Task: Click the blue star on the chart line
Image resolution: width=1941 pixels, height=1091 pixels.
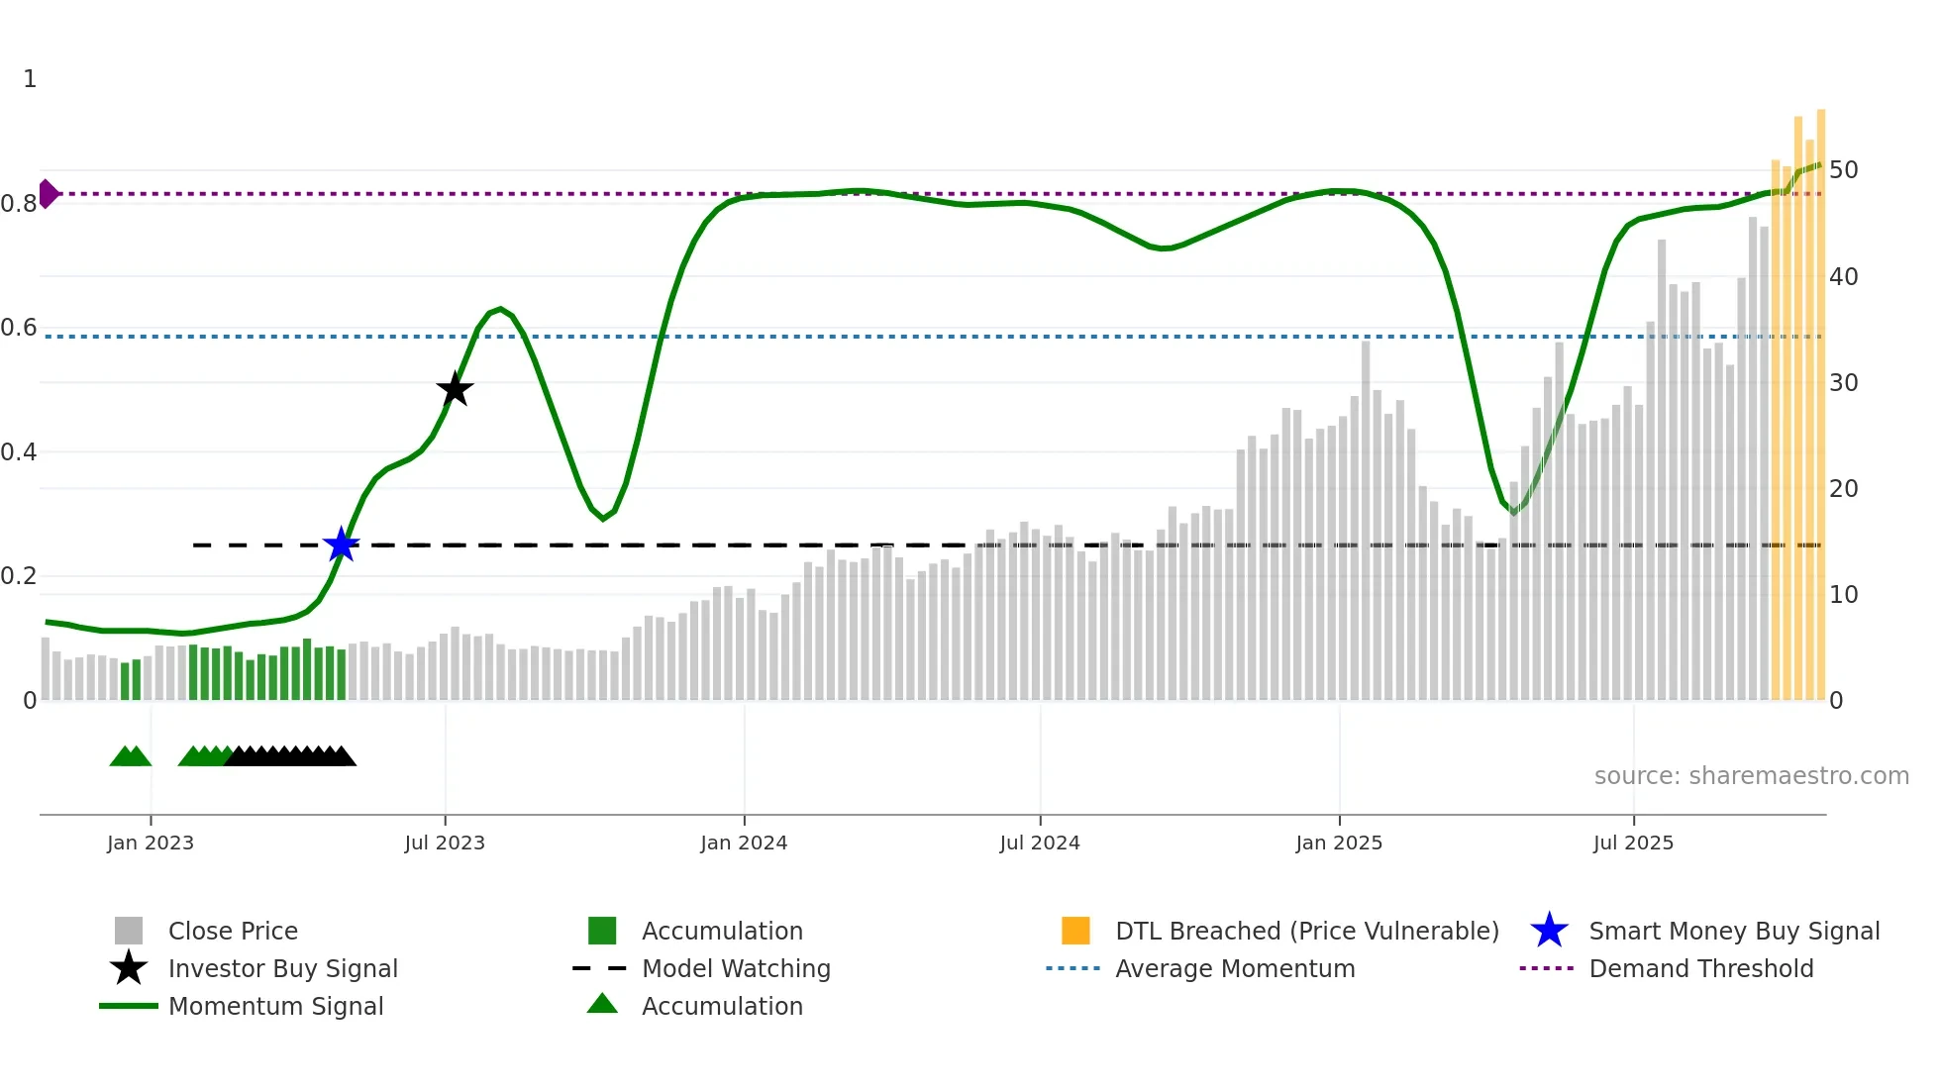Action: pos(342,545)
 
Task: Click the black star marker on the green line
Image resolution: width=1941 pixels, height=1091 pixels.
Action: pos(455,389)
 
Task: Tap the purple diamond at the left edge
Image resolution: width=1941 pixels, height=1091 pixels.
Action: pos(48,194)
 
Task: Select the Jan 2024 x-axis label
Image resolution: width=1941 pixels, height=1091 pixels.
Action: pos(744,843)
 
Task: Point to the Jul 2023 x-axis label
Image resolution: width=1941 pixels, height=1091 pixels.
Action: pos(445,843)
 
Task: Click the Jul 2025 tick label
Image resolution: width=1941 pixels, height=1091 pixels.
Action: pos(1633,843)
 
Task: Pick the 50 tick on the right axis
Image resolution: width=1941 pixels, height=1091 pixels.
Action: pos(1843,170)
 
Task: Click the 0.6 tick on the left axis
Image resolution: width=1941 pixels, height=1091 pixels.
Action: pos(19,328)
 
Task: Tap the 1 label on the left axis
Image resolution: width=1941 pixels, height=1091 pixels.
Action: pos(30,79)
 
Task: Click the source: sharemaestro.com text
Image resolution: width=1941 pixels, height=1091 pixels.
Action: pos(1751,776)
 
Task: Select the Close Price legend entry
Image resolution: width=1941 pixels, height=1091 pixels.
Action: pos(233,932)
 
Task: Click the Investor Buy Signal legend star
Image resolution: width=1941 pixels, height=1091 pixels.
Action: pos(129,968)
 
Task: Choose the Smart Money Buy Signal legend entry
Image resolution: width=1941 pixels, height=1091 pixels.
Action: pos(1733,932)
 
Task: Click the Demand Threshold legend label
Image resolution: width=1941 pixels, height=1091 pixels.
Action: pos(1700,969)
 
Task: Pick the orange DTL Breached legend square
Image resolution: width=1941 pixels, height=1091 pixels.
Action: pos(1075,931)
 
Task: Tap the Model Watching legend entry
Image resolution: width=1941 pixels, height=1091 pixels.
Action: pos(735,969)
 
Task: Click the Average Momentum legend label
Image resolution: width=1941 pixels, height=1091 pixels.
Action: pos(1234,969)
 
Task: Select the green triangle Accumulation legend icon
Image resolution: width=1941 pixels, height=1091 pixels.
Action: pos(602,1005)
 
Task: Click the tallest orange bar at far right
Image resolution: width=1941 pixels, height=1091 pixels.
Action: pos(1820,396)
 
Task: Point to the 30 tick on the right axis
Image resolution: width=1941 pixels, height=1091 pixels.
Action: pos(1843,383)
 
